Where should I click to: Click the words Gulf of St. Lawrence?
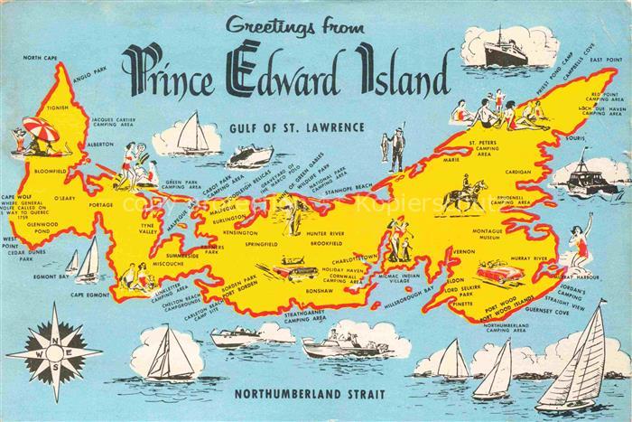295,127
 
